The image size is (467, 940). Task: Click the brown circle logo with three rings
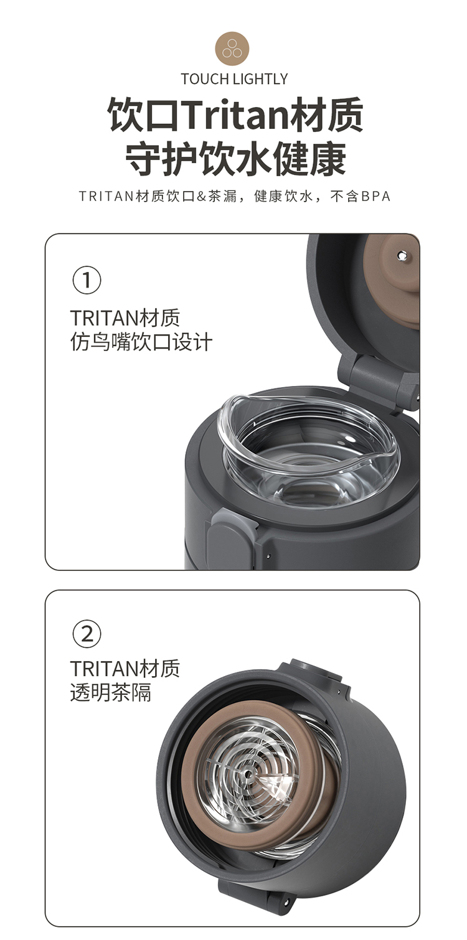tap(232, 49)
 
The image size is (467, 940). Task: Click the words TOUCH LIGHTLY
tap(234, 79)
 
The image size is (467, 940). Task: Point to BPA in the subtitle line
tap(376, 196)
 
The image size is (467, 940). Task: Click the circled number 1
tap(87, 280)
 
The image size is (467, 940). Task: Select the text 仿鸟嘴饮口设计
tap(141, 342)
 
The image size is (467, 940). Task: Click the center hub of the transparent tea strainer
tap(248, 773)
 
